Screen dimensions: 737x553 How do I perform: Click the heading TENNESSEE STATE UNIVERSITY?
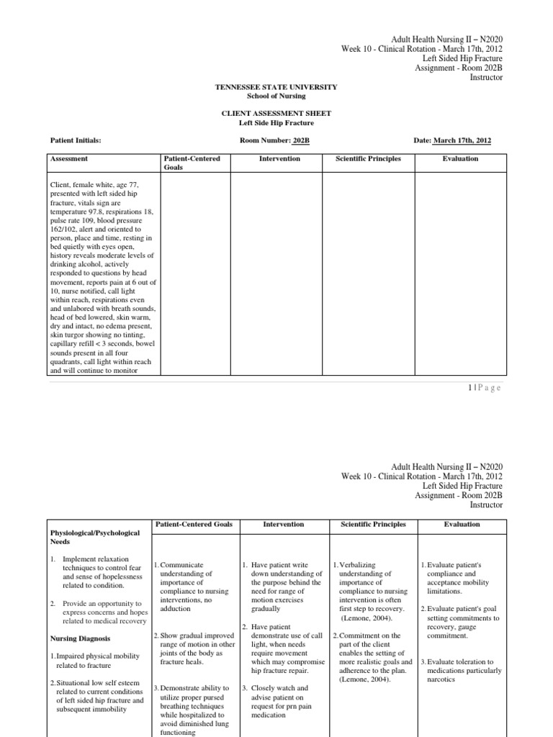click(276, 87)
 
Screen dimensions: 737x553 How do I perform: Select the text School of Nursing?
click(276, 96)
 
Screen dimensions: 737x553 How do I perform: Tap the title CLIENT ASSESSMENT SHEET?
click(276, 114)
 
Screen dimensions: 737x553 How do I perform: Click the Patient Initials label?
click(76, 140)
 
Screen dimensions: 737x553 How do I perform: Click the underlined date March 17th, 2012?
click(462, 140)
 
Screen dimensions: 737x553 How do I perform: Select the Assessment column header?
click(69, 158)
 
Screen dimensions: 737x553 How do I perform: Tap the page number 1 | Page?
click(484, 388)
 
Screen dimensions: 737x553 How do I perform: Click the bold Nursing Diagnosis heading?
click(79, 638)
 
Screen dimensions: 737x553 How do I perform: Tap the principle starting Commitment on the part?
click(373, 636)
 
